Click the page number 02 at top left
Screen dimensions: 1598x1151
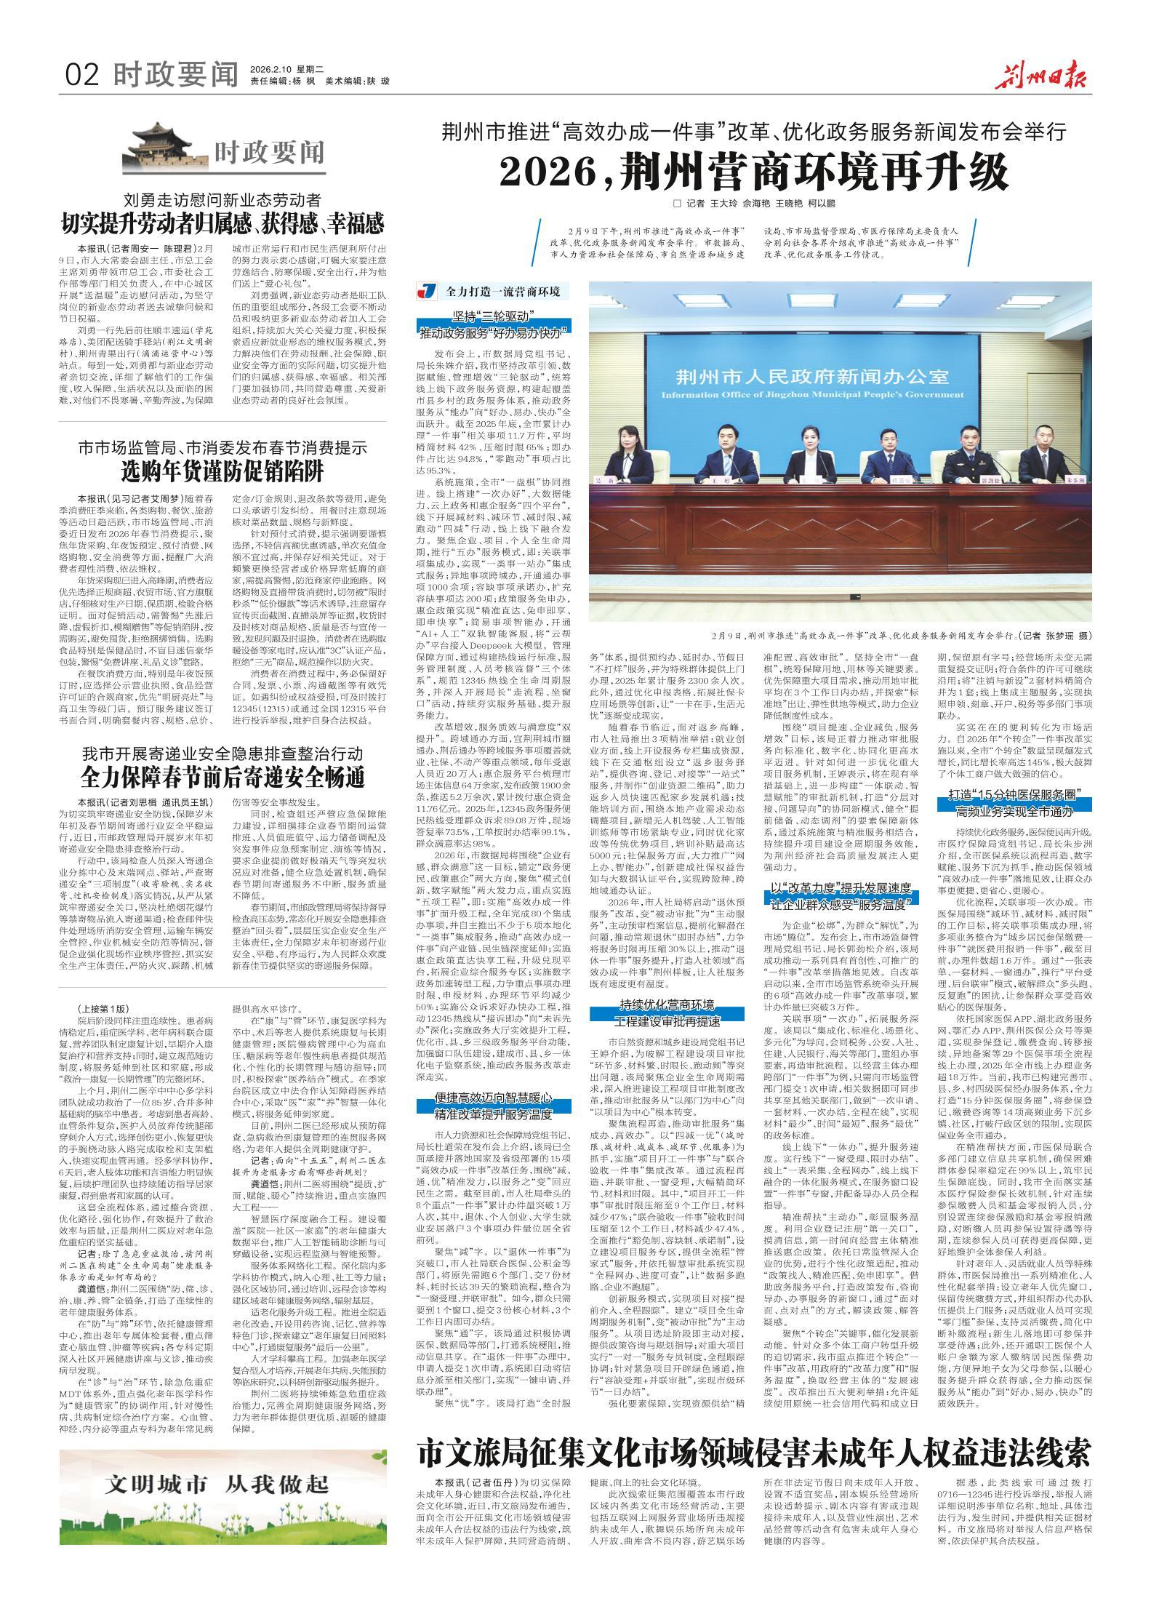(x=82, y=74)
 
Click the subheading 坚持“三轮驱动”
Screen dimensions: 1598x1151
(x=493, y=315)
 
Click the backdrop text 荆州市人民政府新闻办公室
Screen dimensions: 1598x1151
(x=812, y=377)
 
